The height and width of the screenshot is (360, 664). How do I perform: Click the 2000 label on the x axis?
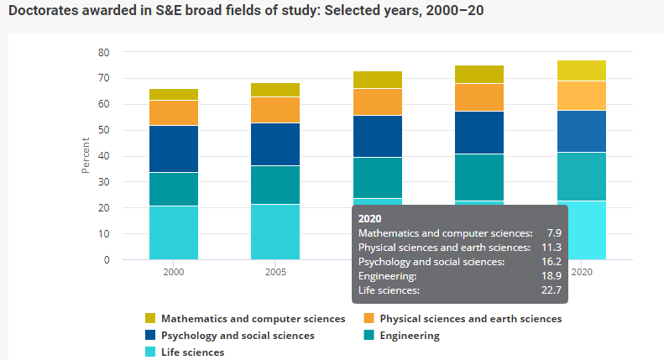click(174, 272)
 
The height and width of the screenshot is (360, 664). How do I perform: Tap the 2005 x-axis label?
click(275, 272)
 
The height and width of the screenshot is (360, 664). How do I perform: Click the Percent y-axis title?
click(86, 155)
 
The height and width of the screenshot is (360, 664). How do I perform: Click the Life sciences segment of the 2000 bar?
click(174, 232)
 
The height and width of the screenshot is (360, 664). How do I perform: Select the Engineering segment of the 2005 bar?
click(275, 185)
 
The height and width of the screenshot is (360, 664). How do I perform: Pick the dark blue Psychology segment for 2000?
click(174, 149)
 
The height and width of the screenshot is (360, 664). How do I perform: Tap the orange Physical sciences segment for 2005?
click(275, 110)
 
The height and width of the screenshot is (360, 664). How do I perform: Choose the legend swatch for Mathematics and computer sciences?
click(150, 319)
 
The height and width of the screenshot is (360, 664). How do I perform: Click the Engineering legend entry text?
click(409, 336)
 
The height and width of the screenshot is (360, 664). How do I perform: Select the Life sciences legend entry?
click(192, 352)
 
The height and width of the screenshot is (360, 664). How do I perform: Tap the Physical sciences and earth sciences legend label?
click(470, 319)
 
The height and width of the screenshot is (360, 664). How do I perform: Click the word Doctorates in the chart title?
click(46, 12)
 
